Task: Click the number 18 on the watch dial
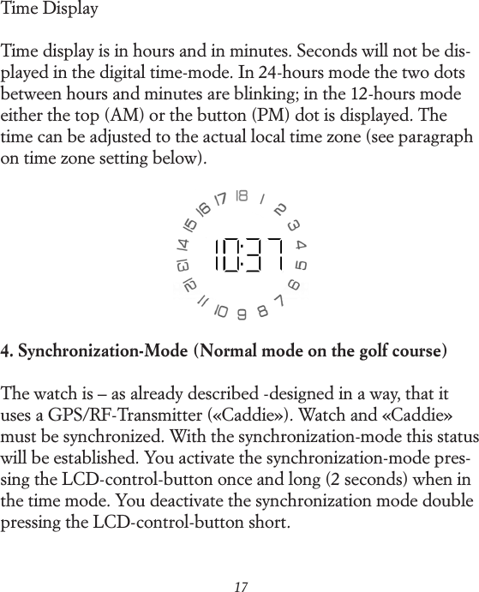point(242,196)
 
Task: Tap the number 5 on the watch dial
point(301,264)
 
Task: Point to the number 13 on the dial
point(183,265)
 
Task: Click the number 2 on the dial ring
point(279,209)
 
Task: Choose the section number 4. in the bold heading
point(7,352)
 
